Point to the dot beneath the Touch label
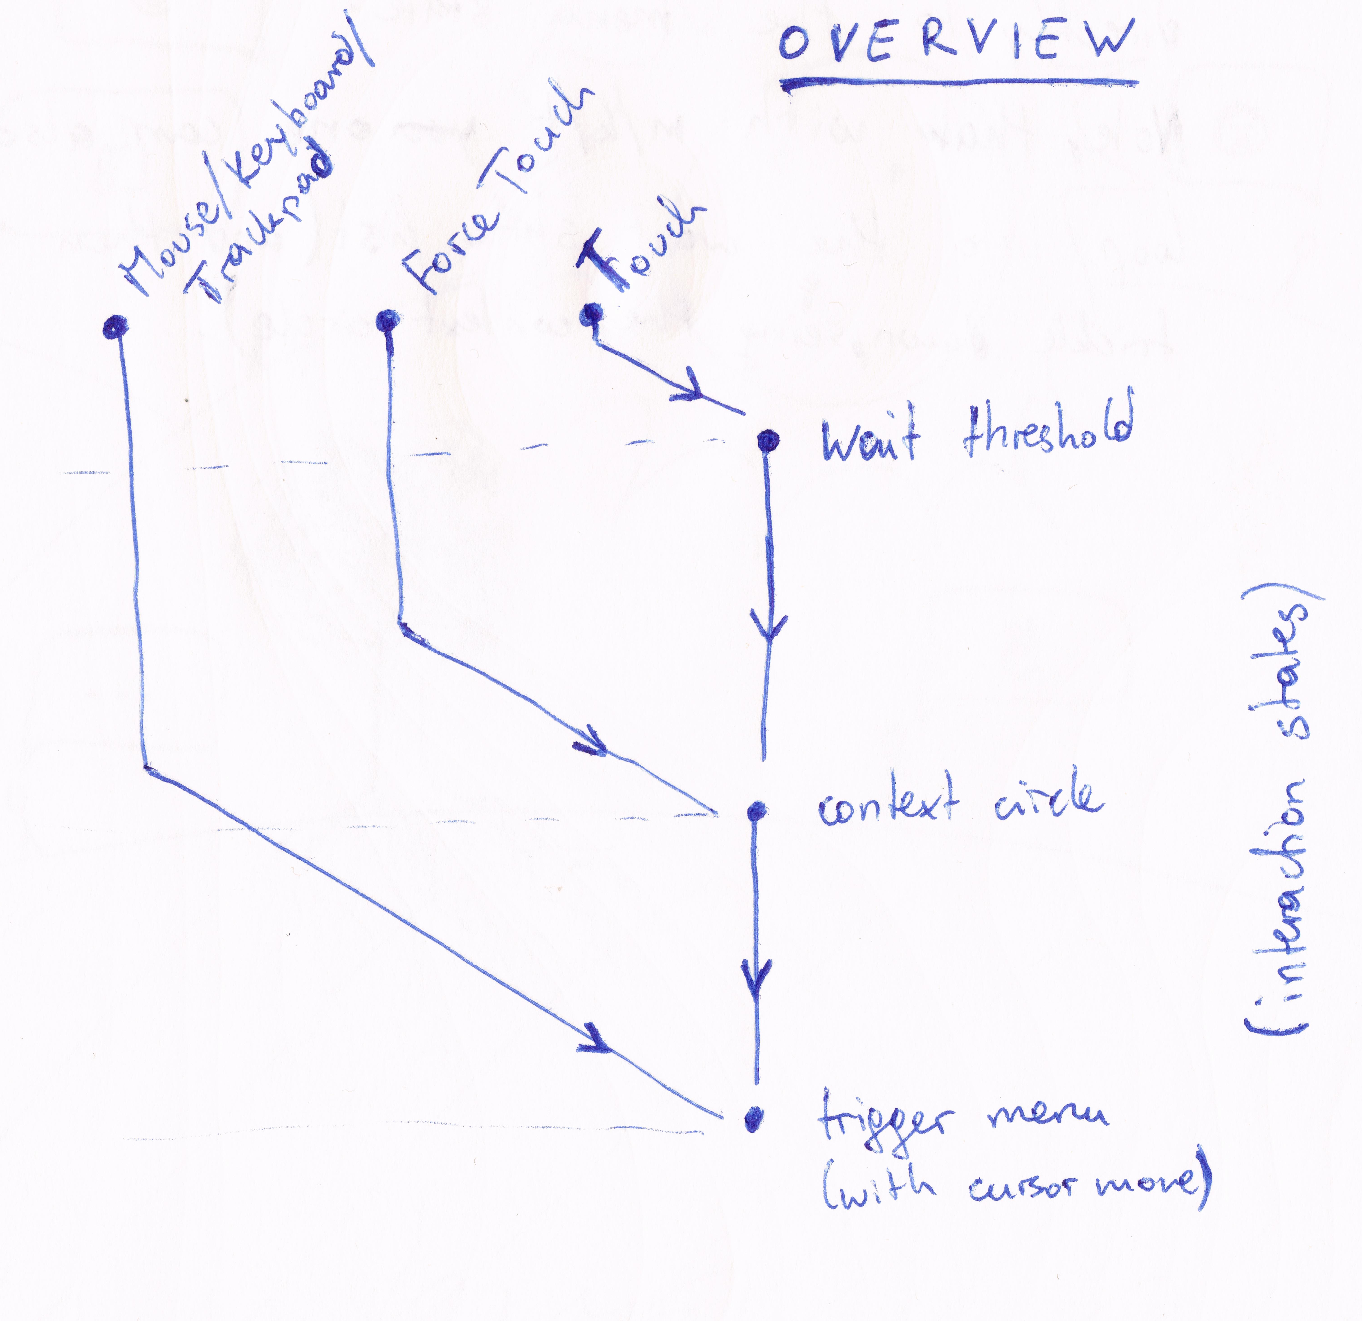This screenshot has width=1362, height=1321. [x=591, y=314]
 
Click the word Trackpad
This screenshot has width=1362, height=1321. [x=261, y=226]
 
